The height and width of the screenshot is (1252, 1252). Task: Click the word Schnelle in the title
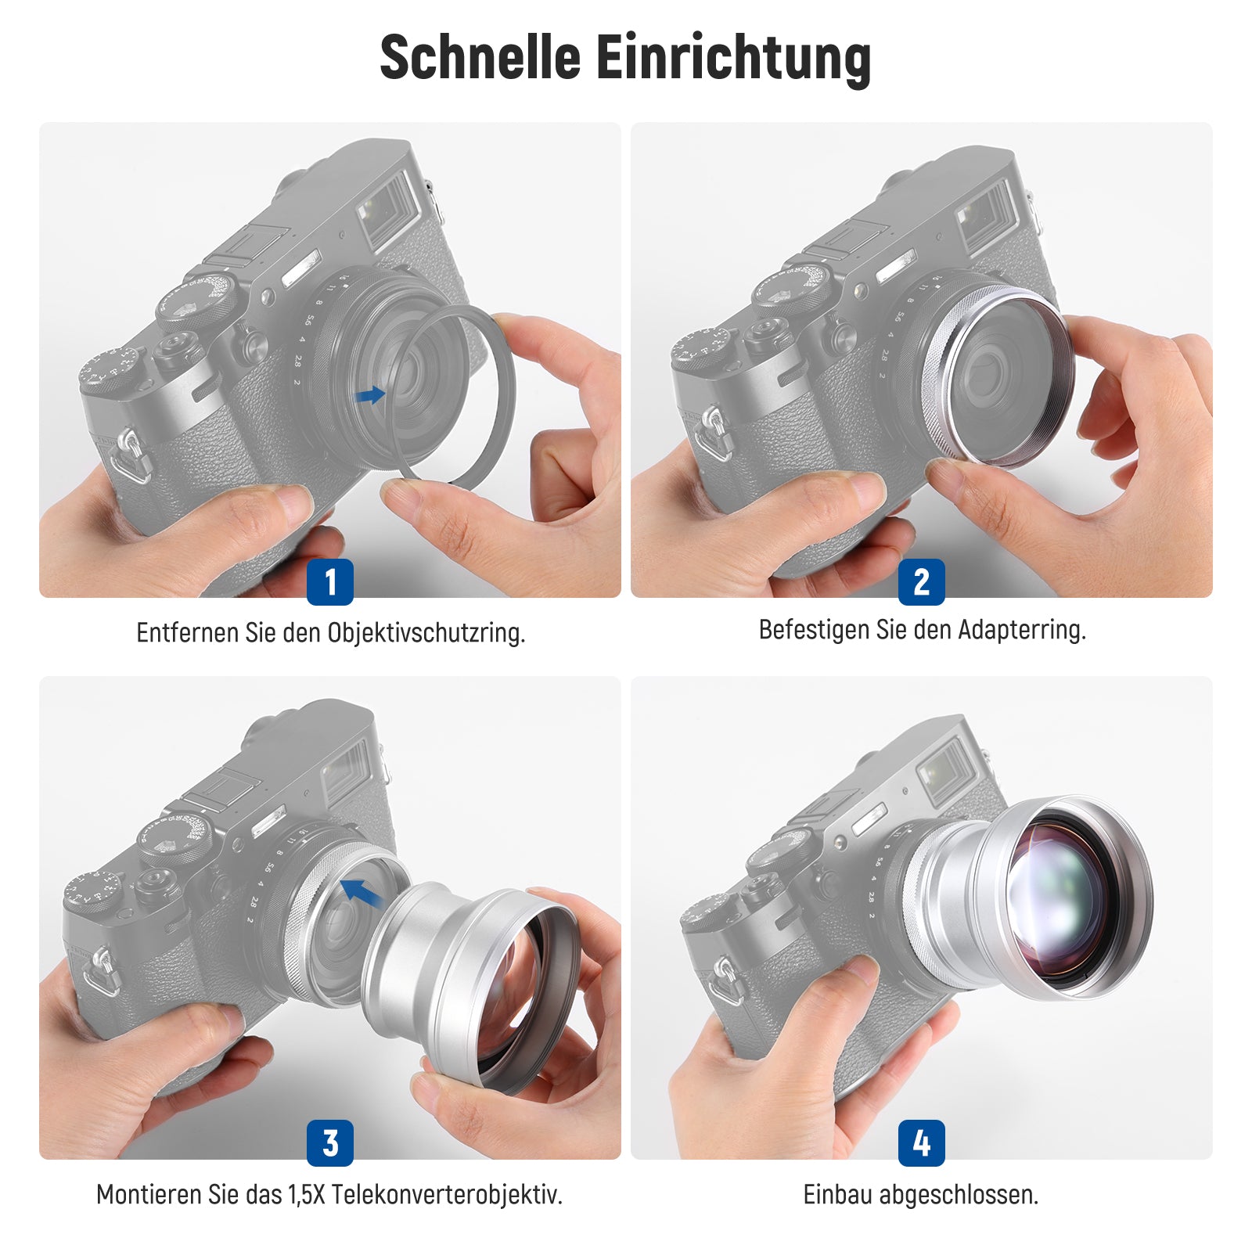click(x=480, y=57)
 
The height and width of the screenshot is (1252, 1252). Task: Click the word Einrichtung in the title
click(x=734, y=59)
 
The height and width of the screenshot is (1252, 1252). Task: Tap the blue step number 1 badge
click(x=330, y=581)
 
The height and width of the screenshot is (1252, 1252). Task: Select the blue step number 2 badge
click(x=922, y=581)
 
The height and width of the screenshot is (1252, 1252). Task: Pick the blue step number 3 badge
click(x=330, y=1143)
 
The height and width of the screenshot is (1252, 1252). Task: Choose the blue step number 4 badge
click(x=922, y=1143)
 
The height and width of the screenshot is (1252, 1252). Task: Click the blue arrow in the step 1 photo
click(x=369, y=395)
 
